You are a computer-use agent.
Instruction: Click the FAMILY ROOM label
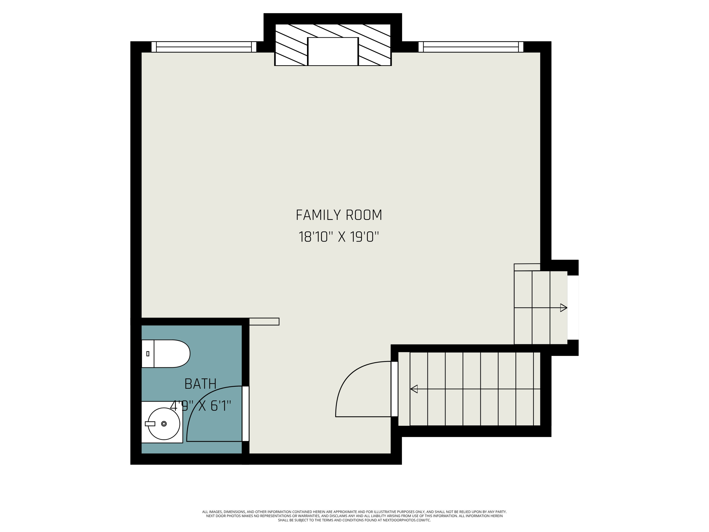pyautogui.click(x=339, y=215)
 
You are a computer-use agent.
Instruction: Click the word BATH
pyautogui.click(x=201, y=384)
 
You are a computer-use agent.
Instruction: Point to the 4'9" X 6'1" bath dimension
pyautogui.click(x=201, y=406)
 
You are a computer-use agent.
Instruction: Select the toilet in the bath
pyautogui.click(x=167, y=354)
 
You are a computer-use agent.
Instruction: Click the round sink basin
pyautogui.click(x=164, y=424)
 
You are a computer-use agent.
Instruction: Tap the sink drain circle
pyautogui.click(x=164, y=424)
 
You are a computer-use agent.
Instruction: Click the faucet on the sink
pyautogui.click(x=150, y=424)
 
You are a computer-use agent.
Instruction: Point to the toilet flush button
pyautogui.click(x=148, y=354)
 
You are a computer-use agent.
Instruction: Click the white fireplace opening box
pyautogui.click(x=333, y=51)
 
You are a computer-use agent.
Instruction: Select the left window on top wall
pyautogui.click(x=204, y=47)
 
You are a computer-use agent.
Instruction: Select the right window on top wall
pyautogui.click(x=471, y=47)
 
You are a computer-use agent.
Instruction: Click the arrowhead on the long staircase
pyautogui.click(x=414, y=389)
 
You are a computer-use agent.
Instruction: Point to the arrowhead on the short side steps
pyautogui.click(x=563, y=308)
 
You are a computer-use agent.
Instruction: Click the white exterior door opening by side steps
pyautogui.click(x=573, y=308)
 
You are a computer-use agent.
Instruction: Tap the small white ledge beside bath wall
pyautogui.click(x=264, y=321)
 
